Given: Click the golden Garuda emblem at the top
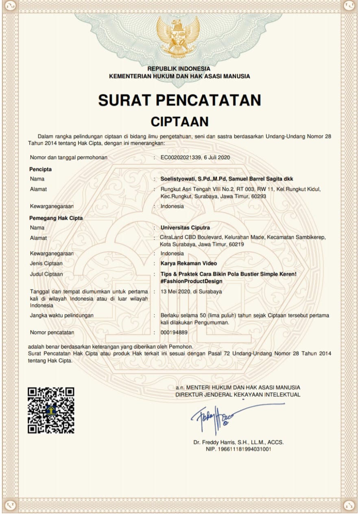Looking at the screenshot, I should (x=179, y=37).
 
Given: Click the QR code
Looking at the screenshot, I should (x=51, y=410).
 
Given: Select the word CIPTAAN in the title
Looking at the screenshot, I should (x=179, y=121).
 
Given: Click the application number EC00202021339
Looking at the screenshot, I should (x=181, y=157).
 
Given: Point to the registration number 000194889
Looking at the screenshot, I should (x=174, y=333).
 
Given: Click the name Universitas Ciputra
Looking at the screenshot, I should (x=185, y=228).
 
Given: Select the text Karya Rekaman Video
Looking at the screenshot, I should (x=189, y=263).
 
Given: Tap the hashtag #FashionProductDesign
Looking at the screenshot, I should (x=191, y=281).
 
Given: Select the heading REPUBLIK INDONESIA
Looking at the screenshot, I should (x=179, y=69).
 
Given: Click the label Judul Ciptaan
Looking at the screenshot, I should (x=46, y=274).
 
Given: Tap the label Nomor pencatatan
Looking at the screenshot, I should (x=52, y=333).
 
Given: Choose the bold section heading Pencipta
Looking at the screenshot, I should (x=40, y=169).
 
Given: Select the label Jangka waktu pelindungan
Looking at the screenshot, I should (x=62, y=315).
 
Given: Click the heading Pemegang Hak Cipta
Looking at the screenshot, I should (x=56, y=218).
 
